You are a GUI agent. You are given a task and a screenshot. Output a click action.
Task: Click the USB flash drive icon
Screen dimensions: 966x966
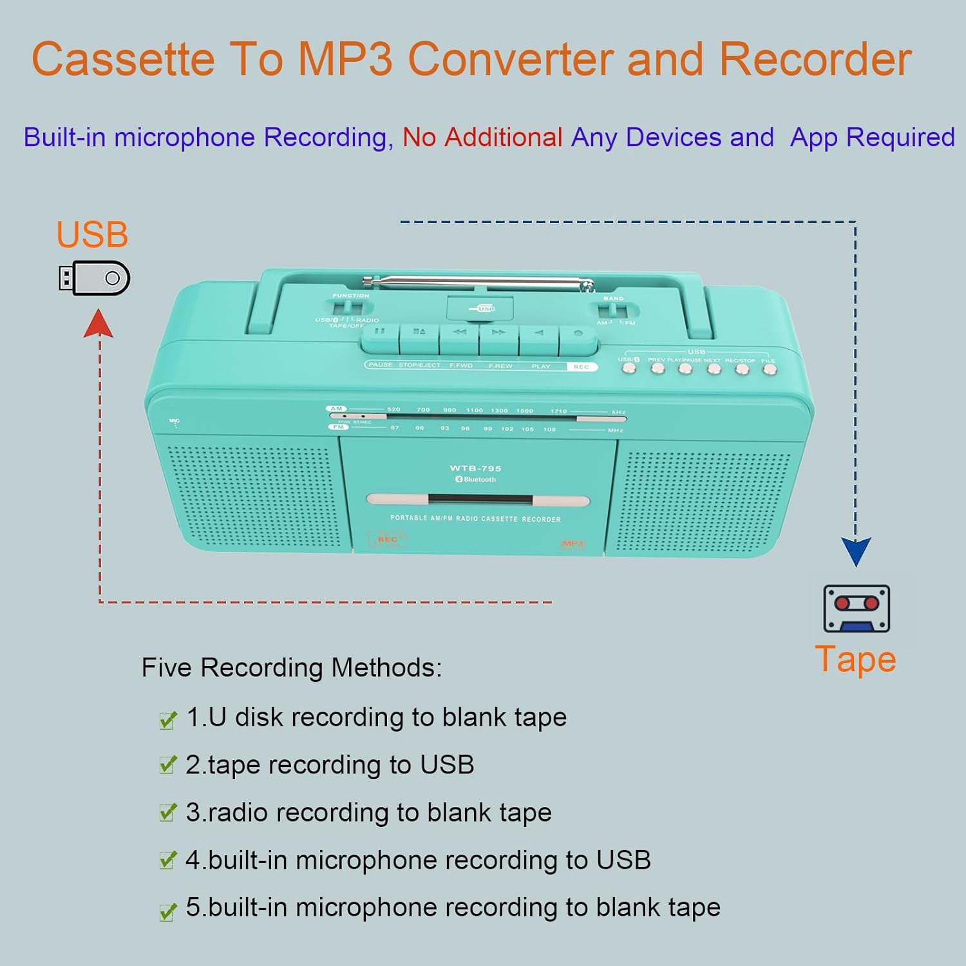tap(94, 278)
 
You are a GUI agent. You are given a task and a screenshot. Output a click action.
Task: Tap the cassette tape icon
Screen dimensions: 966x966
tap(857, 609)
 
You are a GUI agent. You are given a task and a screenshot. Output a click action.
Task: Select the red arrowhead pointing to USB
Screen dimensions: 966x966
tap(99, 323)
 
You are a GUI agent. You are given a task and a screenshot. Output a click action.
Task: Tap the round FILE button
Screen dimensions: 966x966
tap(769, 369)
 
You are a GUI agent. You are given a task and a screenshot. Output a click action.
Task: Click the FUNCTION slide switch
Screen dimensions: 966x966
tap(348, 307)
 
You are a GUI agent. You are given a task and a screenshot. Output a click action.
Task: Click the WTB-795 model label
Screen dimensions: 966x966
tap(475, 468)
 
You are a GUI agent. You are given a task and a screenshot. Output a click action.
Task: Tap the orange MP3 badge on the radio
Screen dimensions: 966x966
tap(573, 544)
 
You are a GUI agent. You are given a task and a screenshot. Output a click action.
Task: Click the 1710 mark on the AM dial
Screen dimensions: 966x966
tap(558, 411)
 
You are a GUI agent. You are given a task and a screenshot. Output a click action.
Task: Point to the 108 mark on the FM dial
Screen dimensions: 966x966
tap(549, 429)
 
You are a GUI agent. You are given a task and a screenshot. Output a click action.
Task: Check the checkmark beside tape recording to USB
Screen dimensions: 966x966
tap(167, 765)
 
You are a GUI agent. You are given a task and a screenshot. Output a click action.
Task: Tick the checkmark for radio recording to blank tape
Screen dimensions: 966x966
tap(167, 813)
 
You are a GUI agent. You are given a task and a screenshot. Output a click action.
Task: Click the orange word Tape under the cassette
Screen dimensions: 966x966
tap(855, 659)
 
